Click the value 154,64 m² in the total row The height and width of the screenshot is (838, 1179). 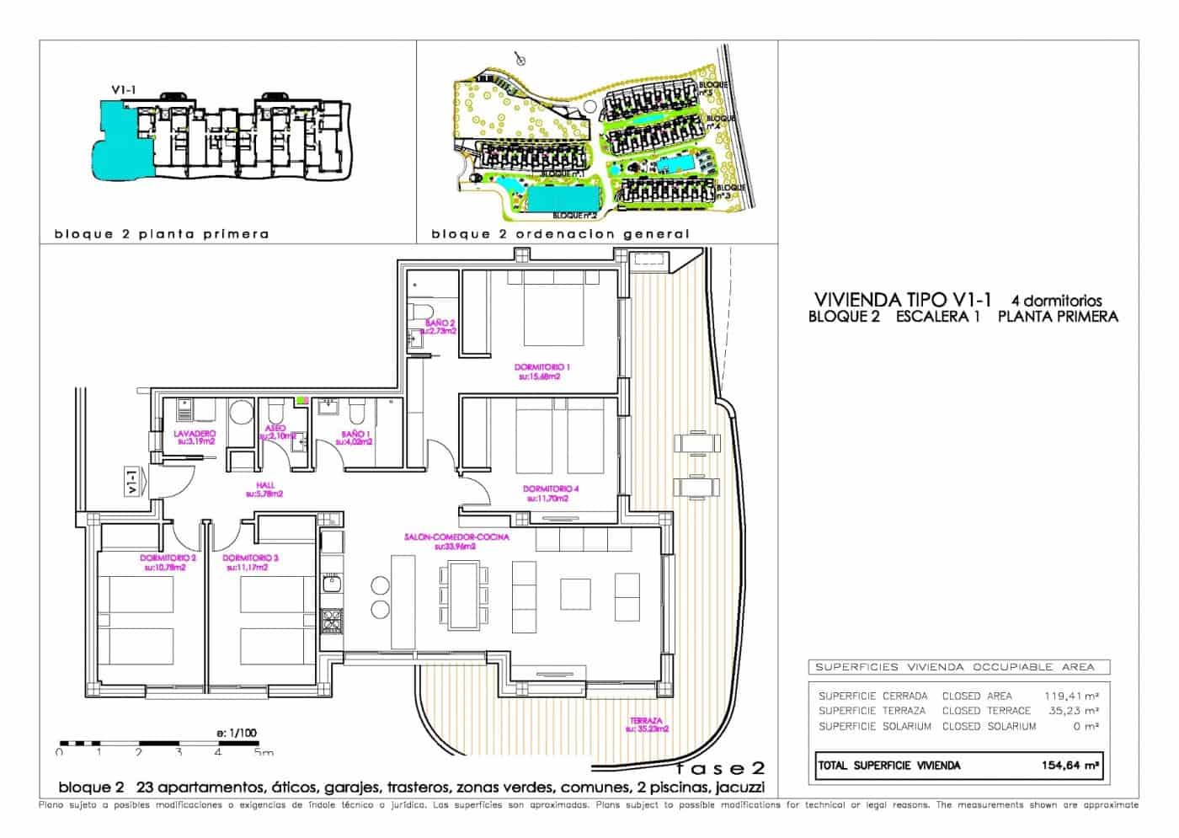point(1068,766)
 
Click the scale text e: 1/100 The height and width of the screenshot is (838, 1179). point(237,733)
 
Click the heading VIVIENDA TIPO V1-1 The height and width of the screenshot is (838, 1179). point(904,299)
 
